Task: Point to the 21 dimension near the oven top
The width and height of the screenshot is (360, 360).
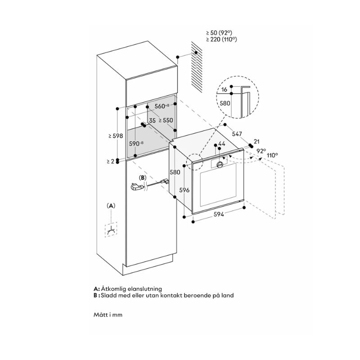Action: [257, 141]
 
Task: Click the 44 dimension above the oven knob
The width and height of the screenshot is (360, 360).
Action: [221, 144]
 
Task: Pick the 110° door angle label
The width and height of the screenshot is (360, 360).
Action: [272, 155]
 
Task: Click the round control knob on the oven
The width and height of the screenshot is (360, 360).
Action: [220, 165]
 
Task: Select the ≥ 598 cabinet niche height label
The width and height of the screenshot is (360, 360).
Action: [116, 135]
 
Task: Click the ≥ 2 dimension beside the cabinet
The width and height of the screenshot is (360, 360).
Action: [110, 161]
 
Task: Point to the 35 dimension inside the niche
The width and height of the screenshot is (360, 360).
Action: [152, 121]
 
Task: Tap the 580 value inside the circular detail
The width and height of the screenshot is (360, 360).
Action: [225, 103]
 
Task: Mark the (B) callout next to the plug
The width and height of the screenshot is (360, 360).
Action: [143, 178]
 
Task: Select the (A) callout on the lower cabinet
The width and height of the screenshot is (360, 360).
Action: [111, 206]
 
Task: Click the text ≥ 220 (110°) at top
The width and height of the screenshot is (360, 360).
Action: [221, 40]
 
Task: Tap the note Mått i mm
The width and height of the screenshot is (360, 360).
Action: [108, 315]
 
